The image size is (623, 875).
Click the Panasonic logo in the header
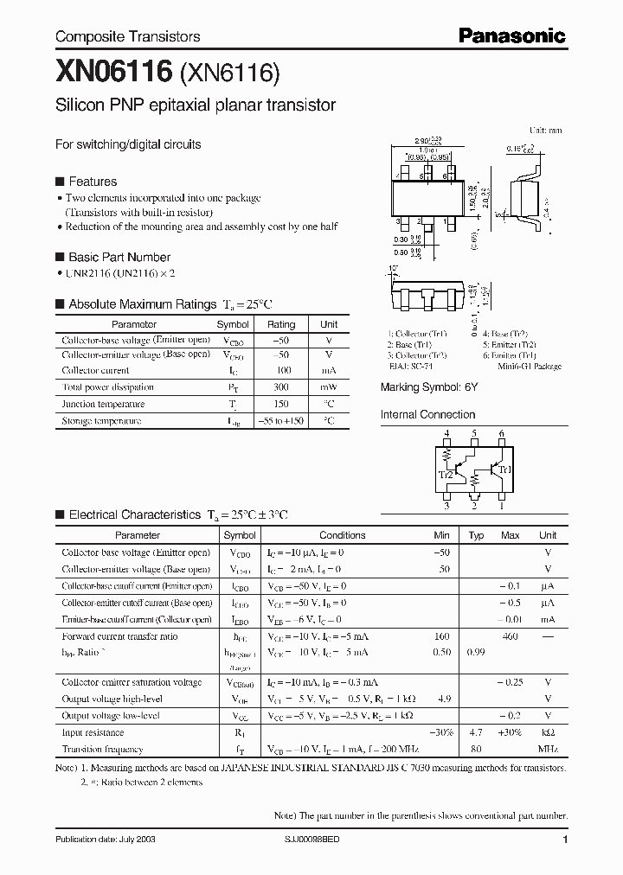(512, 35)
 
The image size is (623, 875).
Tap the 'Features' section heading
(92, 182)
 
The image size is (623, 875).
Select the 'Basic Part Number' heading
(119, 257)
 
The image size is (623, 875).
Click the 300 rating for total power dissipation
(280, 387)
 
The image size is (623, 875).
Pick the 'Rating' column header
(280, 324)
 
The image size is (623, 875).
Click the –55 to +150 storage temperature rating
(280, 421)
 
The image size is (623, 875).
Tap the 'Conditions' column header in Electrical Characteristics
(343, 535)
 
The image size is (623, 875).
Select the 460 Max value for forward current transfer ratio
(510, 636)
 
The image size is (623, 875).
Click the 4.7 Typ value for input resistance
(475, 732)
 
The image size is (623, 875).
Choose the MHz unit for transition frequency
(547, 749)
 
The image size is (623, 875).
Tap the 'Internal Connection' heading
(427, 415)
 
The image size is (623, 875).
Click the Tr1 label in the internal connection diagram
(505, 470)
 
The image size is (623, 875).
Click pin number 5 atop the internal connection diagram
(474, 433)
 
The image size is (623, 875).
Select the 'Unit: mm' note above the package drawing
(545, 130)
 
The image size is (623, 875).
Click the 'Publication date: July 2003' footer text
(105, 840)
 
